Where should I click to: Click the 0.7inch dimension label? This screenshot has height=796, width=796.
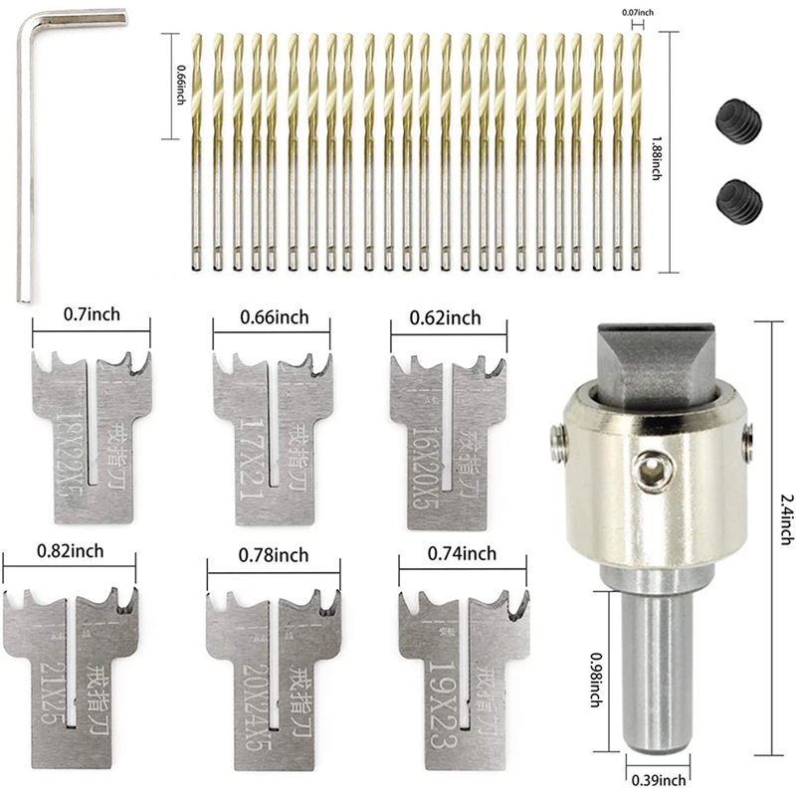(x=92, y=315)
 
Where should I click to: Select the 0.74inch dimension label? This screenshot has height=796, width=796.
(x=462, y=553)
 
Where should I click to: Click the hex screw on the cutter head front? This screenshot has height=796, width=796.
(x=650, y=464)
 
